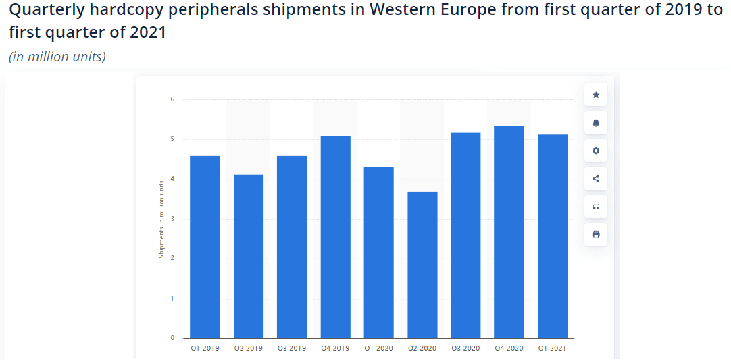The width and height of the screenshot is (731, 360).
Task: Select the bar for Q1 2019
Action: tap(205, 247)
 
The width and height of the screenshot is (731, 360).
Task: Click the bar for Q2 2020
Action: tap(422, 265)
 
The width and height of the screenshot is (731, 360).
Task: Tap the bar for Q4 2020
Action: tap(509, 232)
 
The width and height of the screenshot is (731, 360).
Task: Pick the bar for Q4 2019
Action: tap(335, 237)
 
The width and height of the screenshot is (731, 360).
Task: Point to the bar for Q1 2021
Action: tap(553, 236)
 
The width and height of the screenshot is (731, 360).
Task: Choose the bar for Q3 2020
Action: tap(465, 235)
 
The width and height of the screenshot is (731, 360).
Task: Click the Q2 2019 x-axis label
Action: tap(248, 349)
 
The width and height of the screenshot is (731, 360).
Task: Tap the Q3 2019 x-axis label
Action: tap(292, 349)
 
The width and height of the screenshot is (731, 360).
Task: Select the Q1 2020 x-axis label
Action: tap(378, 349)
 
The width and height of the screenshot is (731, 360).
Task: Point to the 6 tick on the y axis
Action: tap(172, 100)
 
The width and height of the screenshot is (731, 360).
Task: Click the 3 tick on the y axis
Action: tap(172, 219)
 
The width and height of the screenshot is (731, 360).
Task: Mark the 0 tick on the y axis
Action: tap(172, 338)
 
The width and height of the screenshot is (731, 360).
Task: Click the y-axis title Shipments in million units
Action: tap(161, 219)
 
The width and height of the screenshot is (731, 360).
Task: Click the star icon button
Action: tap(596, 95)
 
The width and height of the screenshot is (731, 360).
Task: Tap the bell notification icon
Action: tap(596, 123)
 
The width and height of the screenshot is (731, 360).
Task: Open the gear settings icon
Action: tap(596, 151)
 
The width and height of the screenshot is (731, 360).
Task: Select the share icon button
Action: tap(596, 179)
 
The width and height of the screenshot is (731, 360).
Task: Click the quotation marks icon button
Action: tap(596, 207)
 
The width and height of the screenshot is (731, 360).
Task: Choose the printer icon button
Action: tap(596, 234)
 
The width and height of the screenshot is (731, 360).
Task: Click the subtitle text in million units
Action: tap(57, 57)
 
